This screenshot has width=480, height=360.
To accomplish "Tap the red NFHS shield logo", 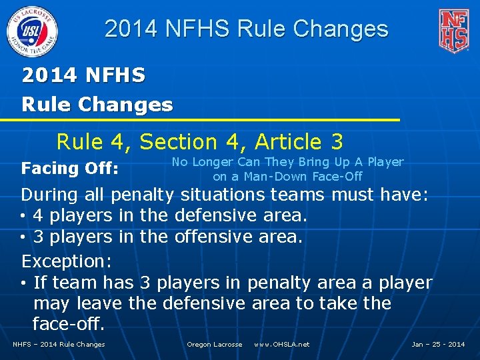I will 453,30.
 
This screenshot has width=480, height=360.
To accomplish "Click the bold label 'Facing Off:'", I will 70,169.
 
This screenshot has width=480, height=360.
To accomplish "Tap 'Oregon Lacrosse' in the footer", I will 214,345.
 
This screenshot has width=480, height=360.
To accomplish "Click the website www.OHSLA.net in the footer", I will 281,345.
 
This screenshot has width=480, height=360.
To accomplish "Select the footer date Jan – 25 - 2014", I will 438,345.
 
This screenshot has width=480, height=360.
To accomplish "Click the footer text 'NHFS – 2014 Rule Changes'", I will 59,345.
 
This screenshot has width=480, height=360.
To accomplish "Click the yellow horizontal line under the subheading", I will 200,120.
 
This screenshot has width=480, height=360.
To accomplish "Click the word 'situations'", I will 224,195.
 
